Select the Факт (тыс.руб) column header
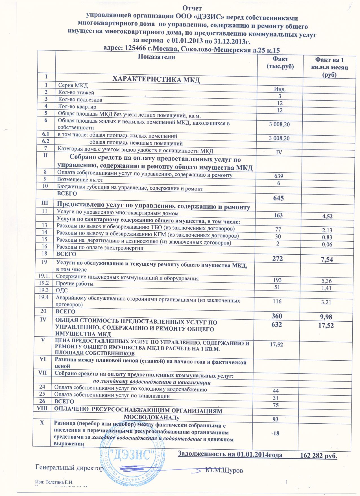click(280, 63)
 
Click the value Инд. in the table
click(280, 89)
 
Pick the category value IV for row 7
click(279, 152)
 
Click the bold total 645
click(278, 198)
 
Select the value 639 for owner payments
click(279, 176)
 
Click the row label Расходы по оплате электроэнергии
click(100, 248)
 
